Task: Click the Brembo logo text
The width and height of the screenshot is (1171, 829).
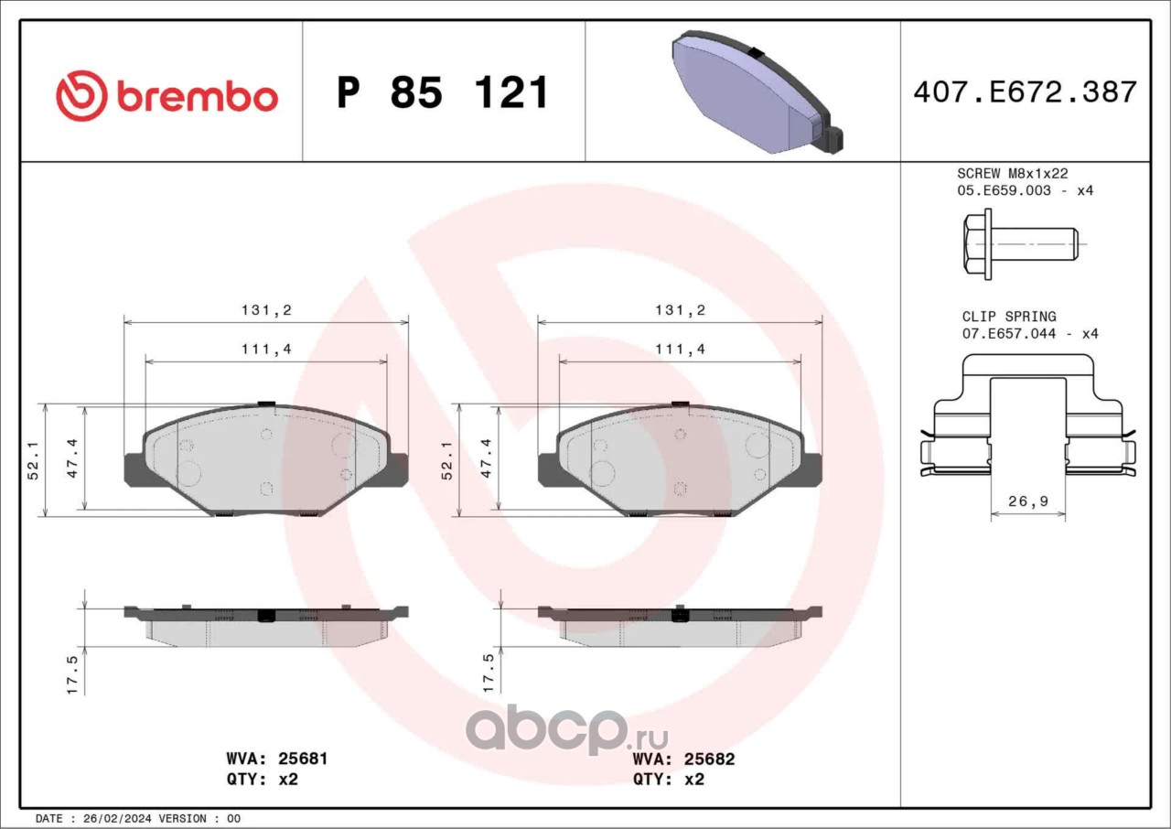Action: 198,97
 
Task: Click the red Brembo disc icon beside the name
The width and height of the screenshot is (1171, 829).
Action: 81,96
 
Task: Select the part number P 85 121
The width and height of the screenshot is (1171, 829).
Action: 442,92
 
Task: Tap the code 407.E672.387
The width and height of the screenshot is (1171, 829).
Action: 1026,92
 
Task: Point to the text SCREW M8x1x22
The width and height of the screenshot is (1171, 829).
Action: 1013,174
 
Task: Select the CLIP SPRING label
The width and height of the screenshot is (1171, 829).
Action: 1009,317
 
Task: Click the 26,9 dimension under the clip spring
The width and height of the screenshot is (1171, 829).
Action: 1027,501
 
